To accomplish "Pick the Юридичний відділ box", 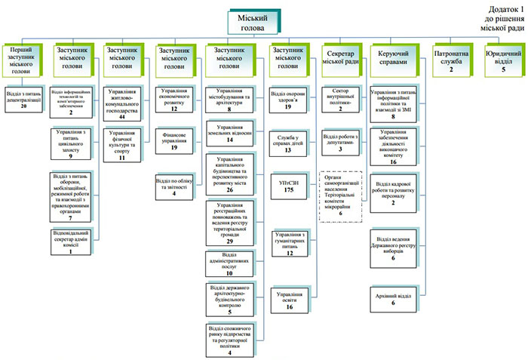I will pos(504,60).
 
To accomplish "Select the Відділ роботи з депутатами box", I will pos(344,143).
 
